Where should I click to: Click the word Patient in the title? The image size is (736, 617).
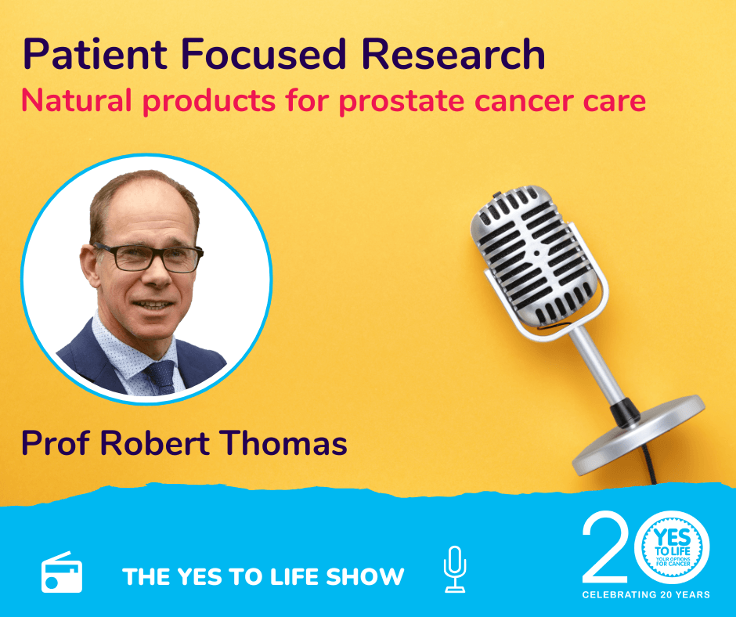pos(96,54)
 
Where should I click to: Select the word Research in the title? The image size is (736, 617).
pos(453,54)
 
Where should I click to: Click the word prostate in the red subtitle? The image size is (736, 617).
pos(402,102)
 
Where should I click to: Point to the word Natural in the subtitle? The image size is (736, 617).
pos(76,100)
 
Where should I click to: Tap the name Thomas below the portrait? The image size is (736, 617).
pos(283,443)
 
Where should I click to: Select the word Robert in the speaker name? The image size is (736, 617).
pos(155,443)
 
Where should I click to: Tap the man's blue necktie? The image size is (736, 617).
pos(162,376)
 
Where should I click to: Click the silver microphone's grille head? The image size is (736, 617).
pos(534,256)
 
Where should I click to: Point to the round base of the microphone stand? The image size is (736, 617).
pos(638,435)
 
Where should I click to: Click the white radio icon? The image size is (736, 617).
pos(62,572)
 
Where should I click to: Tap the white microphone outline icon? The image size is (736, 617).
pos(455,569)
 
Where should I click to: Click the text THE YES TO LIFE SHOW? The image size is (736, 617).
pos(263,576)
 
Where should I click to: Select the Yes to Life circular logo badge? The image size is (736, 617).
pos(672,548)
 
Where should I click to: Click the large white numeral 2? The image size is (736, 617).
pos(605,547)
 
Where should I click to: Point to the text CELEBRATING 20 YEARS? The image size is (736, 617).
pos(646,594)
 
